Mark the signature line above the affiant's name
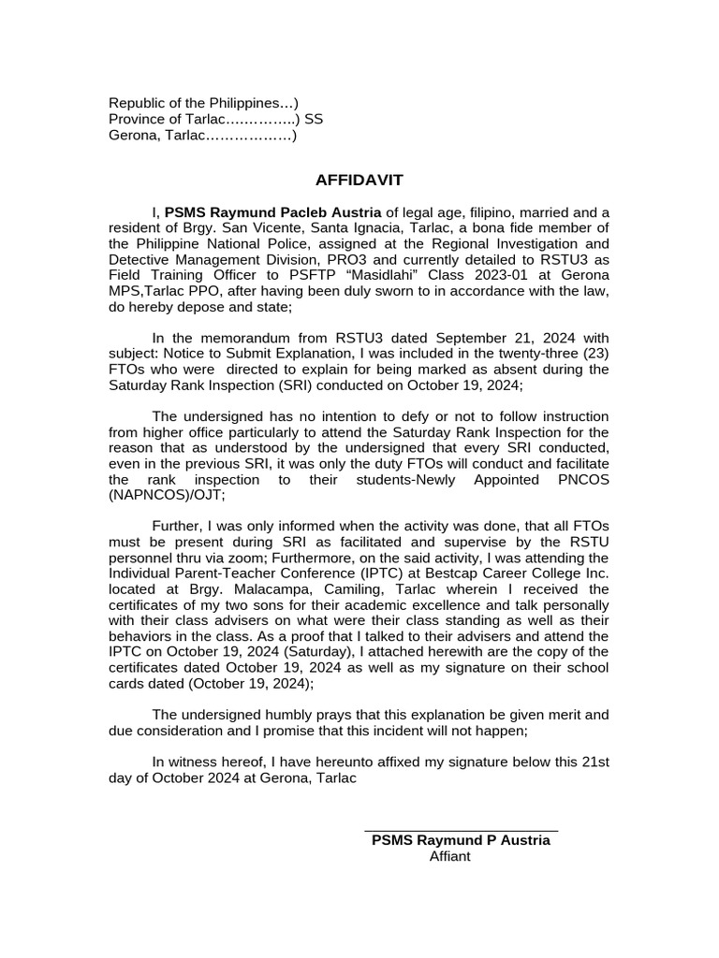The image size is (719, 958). pos(461,830)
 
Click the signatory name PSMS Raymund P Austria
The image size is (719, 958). pos(461,840)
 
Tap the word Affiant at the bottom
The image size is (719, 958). pos(449,856)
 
